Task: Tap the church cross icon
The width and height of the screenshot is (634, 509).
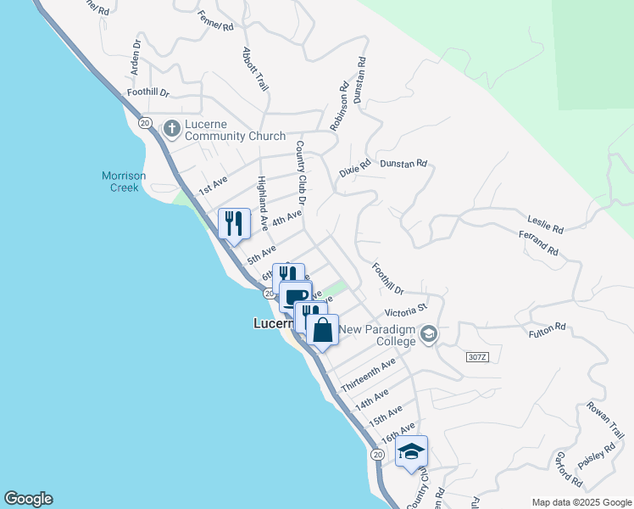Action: tap(171, 128)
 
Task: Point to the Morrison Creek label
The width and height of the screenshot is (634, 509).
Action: tap(124, 182)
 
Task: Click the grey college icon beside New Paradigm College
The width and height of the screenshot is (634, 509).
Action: tap(428, 333)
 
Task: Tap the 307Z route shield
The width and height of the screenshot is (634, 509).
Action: tap(478, 358)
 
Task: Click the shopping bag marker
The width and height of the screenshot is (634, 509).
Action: tap(323, 329)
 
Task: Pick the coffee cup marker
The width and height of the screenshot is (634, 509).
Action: tap(296, 298)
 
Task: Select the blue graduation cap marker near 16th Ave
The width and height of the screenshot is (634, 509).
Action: tap(411, 450)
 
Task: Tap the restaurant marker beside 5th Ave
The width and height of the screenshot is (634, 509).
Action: tap(235, 224)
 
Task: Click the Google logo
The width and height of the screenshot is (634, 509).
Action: tap(28, 499)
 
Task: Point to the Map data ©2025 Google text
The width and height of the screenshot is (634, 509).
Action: tap(581, 502)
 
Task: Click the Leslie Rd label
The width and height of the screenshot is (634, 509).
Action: tap(546, 224)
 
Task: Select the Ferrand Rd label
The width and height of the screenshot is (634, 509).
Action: tap(540, 250)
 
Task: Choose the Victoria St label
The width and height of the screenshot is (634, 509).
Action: tap(403, 313)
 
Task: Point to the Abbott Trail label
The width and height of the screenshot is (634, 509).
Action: tap(255, 68)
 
